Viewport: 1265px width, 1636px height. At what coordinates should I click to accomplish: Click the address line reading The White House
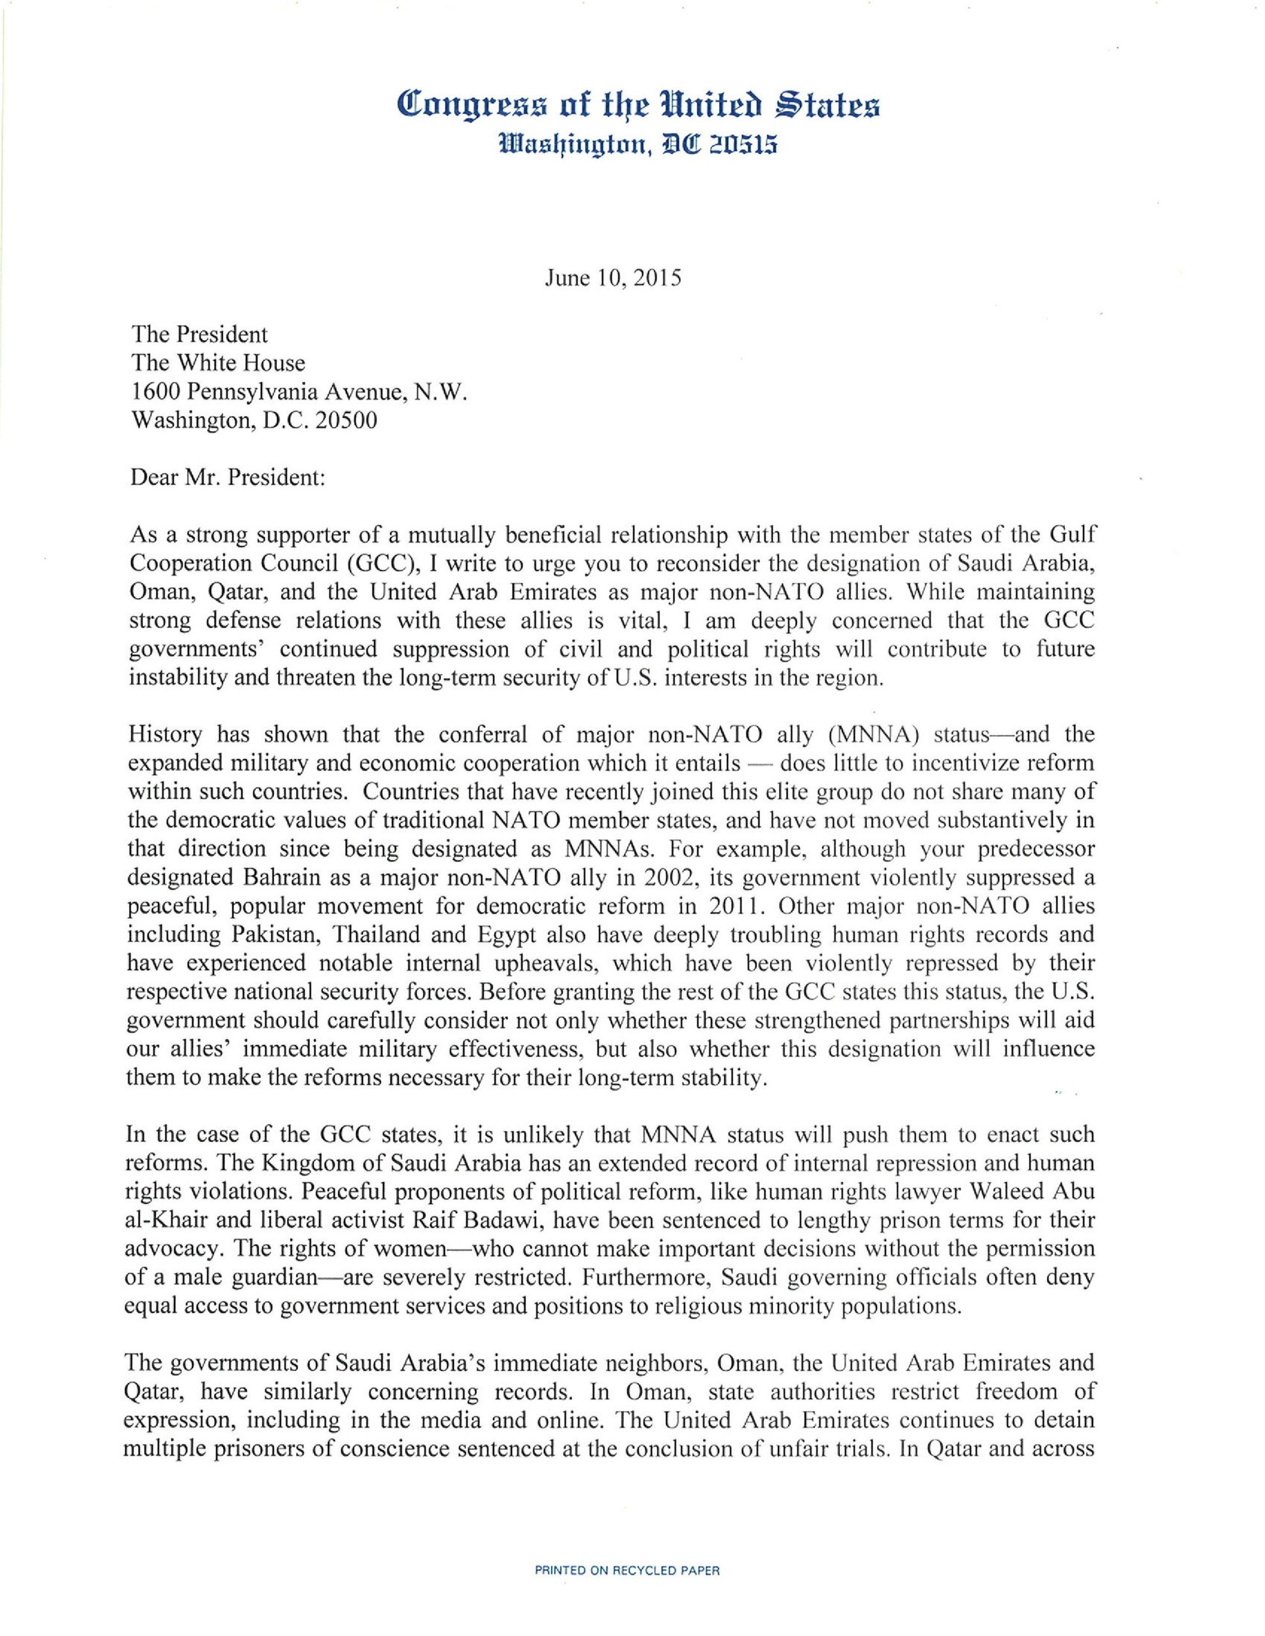pyautogui.click(x=218, y=363)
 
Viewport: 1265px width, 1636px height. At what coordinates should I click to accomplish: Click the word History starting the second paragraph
pyautogui.click(x=166, y=734)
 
